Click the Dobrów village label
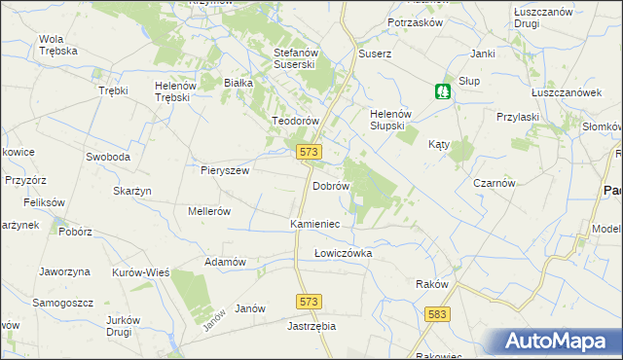point(330,185)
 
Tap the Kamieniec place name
point(314,224)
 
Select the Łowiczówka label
point(343,253)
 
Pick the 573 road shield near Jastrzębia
point(310,304)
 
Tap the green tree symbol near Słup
point(443,91)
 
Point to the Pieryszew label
point(226,169)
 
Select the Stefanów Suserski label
point(297,58)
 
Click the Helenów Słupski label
point(393,120)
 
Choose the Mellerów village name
point(208,210)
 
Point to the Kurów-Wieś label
point(141,272)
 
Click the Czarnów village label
point(494,183)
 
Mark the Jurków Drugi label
point(131,326)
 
